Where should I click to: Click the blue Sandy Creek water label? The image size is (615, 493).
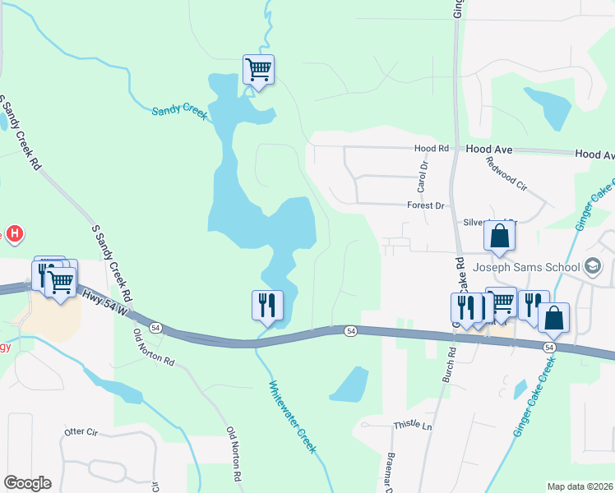tap(178, 111)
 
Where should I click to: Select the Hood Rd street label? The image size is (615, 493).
tap(432, 149)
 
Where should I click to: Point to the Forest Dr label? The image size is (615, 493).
tap(425, 205)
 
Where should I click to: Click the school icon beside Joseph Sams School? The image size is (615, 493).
tap(593, 266)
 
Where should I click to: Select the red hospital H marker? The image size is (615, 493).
tap(14, 235)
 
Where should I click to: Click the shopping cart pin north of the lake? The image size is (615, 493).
tap(258, 69)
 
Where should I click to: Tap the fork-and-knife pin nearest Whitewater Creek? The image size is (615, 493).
tap(267, 305)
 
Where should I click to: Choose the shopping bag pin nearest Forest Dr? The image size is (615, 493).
tap(499, 236)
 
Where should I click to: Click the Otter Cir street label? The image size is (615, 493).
tap(81, 431)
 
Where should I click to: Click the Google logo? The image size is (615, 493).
tap(27, 483)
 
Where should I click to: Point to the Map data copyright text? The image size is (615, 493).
tap(580, 486)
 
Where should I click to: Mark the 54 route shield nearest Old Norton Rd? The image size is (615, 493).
tap(155, 328)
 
